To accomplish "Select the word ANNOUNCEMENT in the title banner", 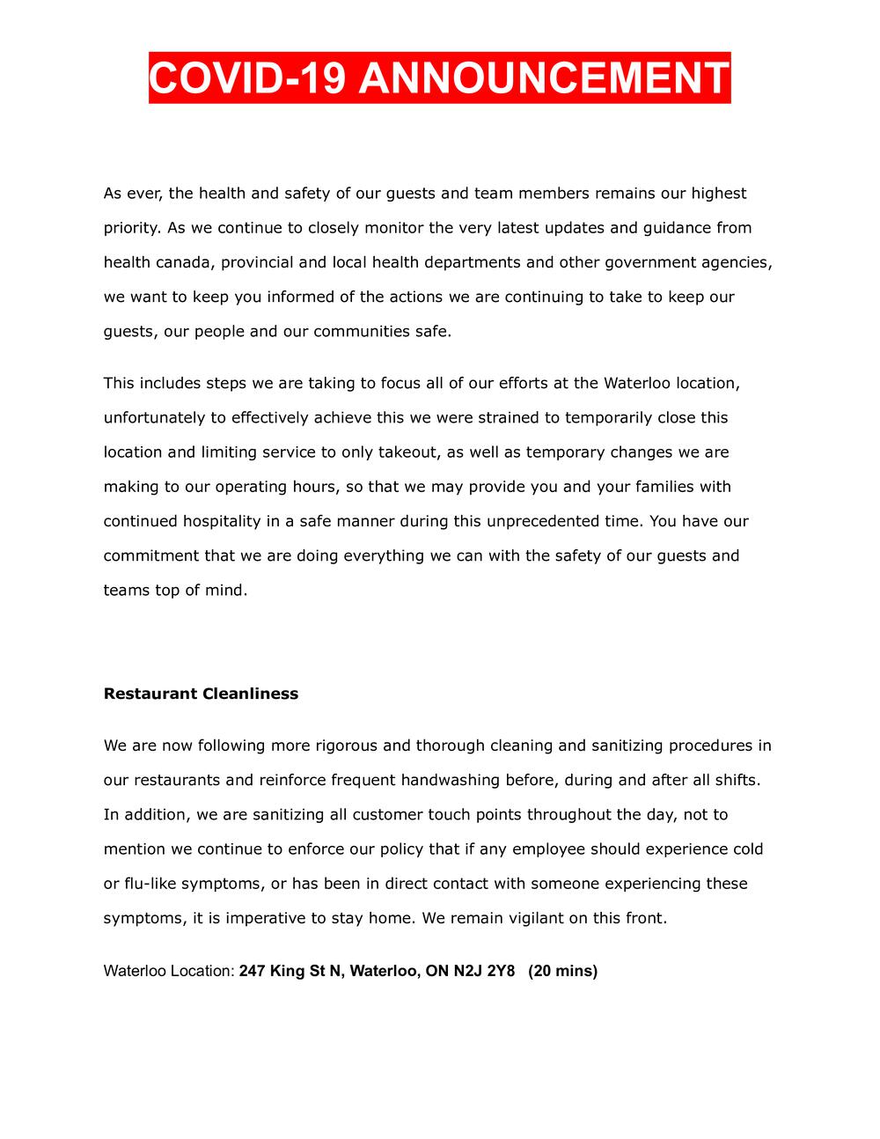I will tap(544, 78).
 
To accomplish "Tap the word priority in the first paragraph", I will tap(132, 228).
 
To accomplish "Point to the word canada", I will tap(180, 262).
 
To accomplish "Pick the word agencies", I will tap(736, 262).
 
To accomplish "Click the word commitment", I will tap(150, 555).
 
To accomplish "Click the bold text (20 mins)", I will tap(563, 972).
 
